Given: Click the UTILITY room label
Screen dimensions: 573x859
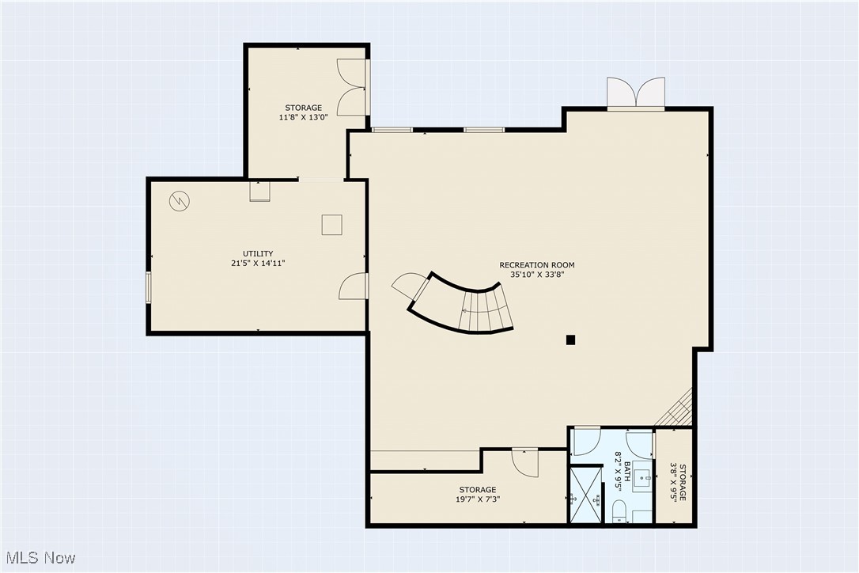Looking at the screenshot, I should pos(258,253).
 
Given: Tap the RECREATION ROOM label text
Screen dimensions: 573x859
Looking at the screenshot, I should pos(536,265).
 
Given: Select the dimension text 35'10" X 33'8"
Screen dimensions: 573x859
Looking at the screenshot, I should pos(536,275).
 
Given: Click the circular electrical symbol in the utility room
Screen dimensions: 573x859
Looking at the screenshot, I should pos(179,201).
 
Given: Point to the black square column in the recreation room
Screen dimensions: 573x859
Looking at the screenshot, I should pos(570,340).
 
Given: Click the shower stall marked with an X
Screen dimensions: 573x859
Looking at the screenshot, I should pos(585,495).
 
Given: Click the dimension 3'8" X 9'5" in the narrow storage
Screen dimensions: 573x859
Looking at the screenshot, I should pos(674,482).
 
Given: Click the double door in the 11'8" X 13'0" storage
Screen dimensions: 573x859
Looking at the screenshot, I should pos(350,87).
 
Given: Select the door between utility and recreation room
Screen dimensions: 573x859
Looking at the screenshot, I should pos(354,286).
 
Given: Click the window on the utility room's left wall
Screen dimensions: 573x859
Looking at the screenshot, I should pos(148,287).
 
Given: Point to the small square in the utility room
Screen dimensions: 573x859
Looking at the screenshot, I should pos(331,225).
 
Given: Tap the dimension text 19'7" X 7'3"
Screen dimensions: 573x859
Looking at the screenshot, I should pos(478,499).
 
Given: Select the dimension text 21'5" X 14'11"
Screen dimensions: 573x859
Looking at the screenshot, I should pos(258,263).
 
